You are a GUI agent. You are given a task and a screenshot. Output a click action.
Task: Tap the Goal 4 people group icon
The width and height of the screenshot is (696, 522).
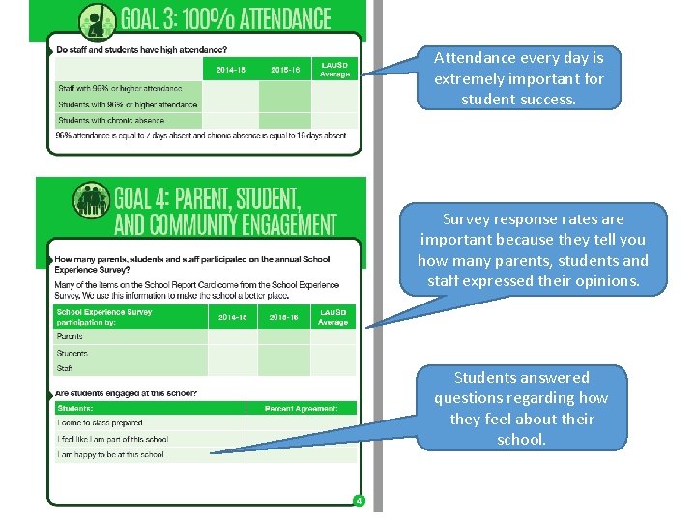coord(93,200)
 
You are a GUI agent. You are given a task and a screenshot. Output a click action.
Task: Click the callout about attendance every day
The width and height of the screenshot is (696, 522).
coord(518,78)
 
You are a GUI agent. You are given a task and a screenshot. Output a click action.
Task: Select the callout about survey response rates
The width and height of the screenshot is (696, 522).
coord(534,249)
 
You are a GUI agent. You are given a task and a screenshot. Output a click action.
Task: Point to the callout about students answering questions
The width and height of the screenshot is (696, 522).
coord(521,408)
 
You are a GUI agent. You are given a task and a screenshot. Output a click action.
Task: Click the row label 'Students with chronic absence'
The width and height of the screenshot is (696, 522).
coord(111,121)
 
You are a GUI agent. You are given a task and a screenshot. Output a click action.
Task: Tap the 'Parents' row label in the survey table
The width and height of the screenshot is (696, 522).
coord(71,337)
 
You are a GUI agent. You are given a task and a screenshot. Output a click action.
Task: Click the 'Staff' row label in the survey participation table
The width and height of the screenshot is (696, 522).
coord(66,368)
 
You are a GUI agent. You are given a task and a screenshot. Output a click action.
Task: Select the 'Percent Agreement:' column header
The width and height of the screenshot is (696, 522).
coord(301,409)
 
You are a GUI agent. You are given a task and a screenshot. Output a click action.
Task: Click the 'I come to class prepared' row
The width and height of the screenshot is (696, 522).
coord(101,423)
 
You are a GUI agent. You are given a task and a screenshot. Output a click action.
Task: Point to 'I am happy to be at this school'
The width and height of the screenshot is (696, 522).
coord(112,453)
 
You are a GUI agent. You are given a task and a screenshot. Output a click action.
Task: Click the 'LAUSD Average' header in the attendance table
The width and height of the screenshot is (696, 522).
coord(334,70)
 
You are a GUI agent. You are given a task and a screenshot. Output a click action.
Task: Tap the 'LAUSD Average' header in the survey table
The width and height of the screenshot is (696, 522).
coord(333,317)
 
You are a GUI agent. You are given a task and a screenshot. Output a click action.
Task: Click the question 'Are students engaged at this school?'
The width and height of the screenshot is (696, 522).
coord(127,393)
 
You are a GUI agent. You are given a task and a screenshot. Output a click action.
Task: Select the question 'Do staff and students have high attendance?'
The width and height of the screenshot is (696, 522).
coord(141,49)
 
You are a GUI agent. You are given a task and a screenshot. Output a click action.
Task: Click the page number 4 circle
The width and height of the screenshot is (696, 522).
coord(358,501)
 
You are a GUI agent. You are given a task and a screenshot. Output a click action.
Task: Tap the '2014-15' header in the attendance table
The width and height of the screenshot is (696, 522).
coord(230,70)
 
